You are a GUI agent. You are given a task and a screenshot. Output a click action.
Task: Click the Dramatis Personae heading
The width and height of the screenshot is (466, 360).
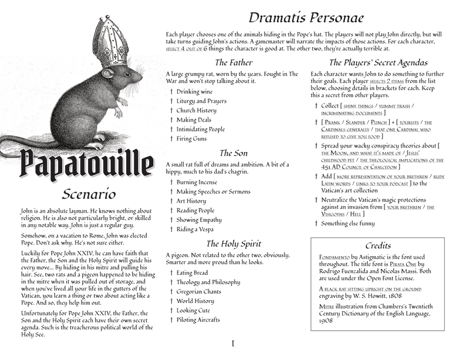(x=305, y=17)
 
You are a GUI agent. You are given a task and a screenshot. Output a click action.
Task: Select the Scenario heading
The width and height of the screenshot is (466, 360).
(x=88, y=194)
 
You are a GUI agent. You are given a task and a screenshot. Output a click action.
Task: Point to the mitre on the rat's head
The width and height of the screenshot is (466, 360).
(x=110, y=42)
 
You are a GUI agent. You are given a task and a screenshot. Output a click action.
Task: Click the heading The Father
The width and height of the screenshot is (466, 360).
(x=233, y=62)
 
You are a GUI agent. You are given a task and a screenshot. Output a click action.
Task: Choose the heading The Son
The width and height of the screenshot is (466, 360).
(x=233, y=153)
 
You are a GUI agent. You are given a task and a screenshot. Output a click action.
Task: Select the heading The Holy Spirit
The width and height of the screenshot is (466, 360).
(x=233, y=243)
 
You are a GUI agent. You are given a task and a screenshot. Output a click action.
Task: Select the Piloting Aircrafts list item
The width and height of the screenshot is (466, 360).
(x=202, y=319)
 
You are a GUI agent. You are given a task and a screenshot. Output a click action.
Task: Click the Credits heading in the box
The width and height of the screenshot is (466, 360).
(x=378, y=245)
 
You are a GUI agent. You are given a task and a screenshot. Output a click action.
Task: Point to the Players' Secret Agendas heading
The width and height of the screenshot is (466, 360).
(x=378, y=62)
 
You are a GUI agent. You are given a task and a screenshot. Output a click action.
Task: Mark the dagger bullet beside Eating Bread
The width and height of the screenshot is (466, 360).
(x=171, y=272)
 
